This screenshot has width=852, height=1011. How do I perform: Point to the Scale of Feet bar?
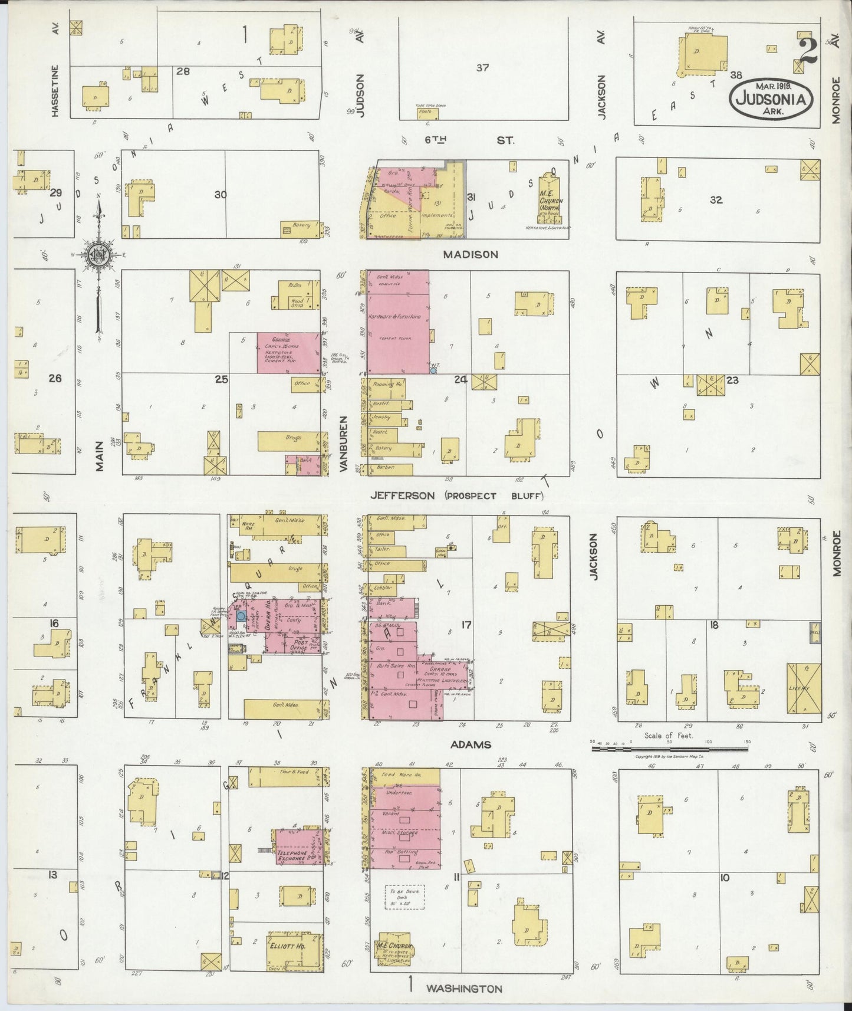click(670, 749)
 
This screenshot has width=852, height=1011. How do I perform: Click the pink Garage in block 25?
click(288, 353)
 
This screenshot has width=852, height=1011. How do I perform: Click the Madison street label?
click(476, 254)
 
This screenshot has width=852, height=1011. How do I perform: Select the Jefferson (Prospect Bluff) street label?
click(456, 496)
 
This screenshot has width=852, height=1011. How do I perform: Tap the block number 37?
click(482, 68)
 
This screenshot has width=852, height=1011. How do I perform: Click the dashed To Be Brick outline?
click(404, 897)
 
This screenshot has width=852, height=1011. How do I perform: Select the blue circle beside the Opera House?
click(241, 616)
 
